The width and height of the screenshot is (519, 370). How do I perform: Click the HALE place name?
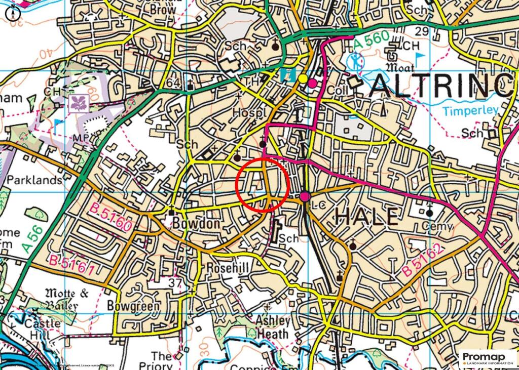366,217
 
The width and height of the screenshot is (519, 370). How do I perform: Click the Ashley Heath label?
273,327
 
